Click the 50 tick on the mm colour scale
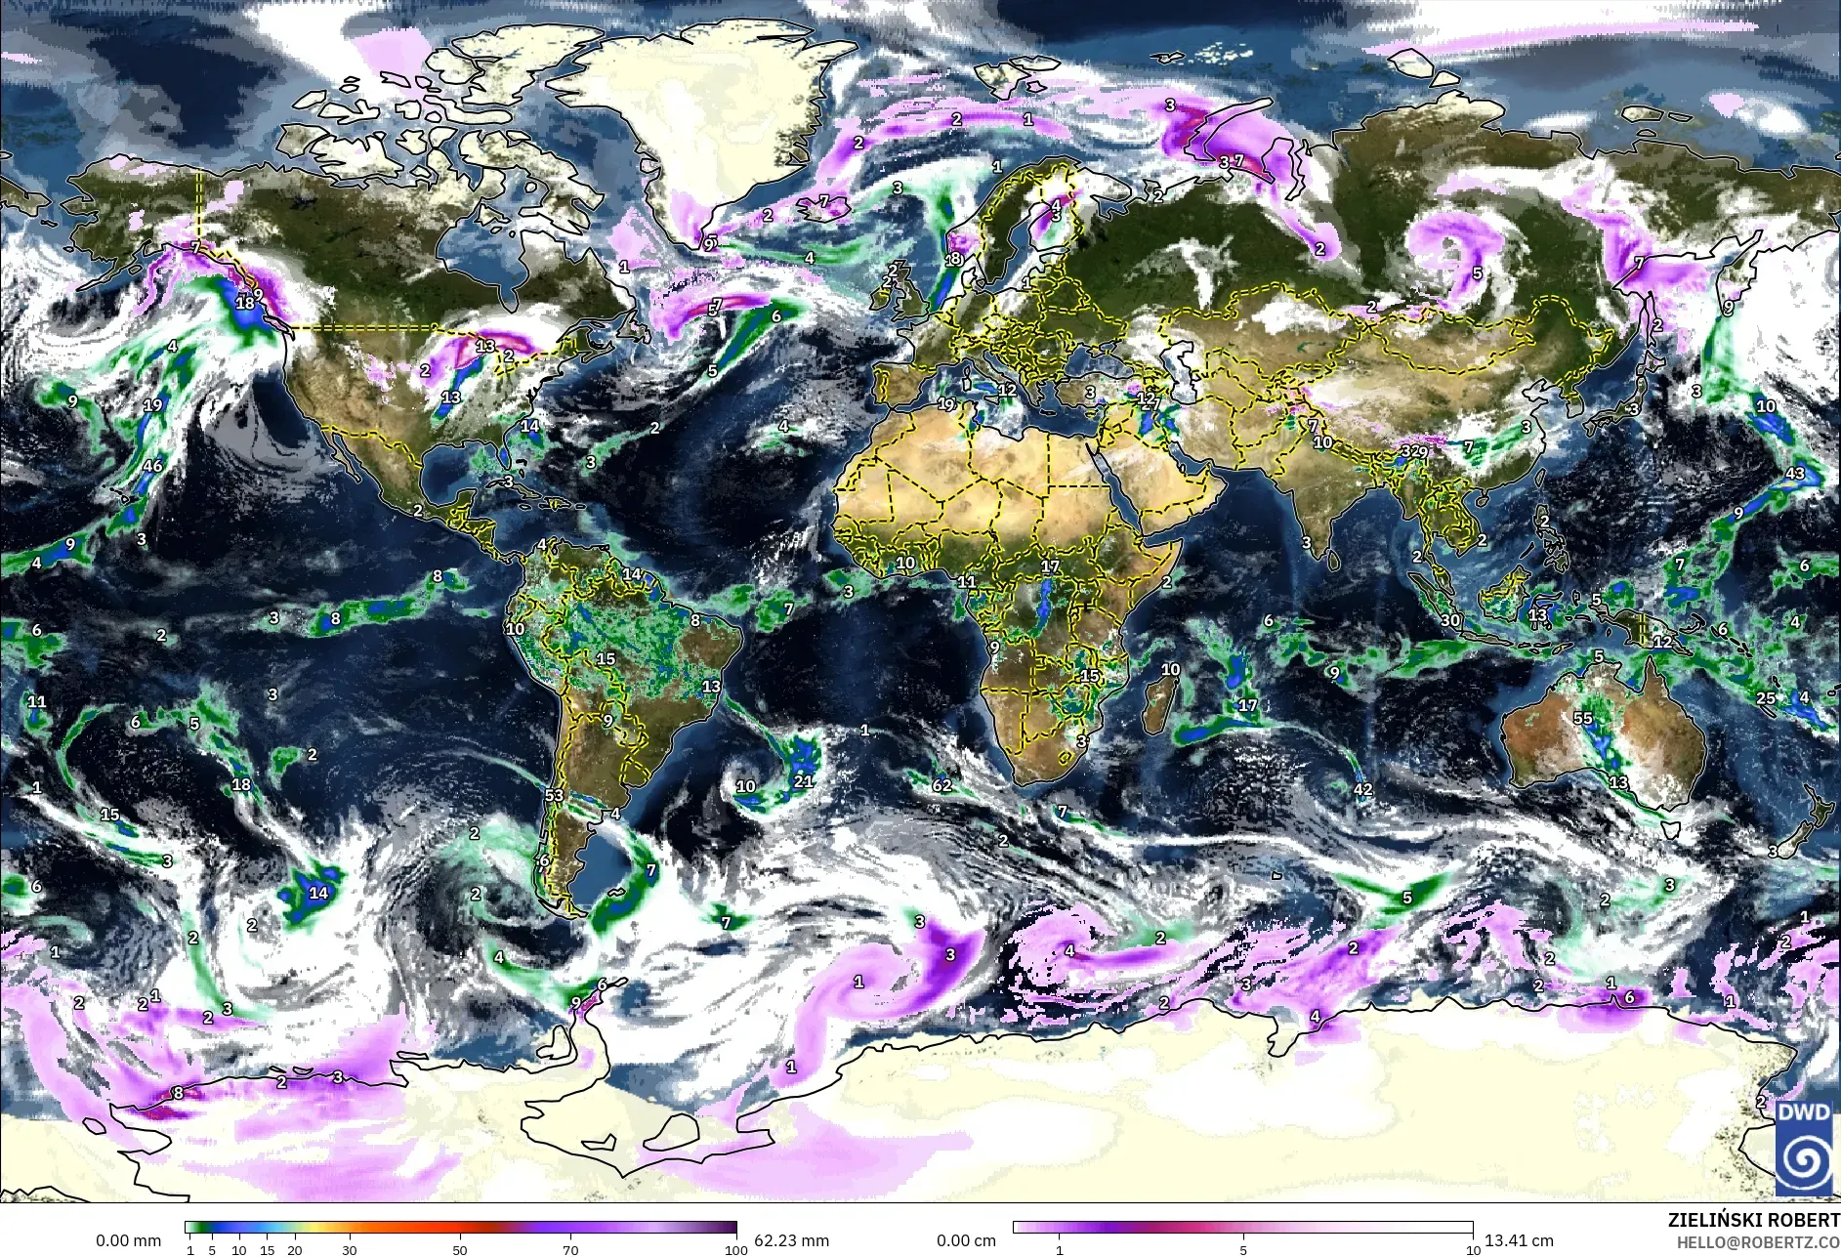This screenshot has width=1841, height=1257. coord(460,1249)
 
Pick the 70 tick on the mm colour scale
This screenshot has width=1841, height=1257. coord(570,1249)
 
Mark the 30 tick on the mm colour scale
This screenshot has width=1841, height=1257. coord(350,1249)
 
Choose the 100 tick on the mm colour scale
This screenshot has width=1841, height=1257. coord(736,1249)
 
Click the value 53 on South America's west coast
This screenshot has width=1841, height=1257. coord(555,795)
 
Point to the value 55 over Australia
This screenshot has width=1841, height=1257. coord(1583,718)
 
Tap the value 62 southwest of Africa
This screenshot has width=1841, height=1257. coord(941,785)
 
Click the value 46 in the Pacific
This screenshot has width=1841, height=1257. coord(152,466)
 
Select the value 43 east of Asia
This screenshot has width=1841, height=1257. coord(1795,474)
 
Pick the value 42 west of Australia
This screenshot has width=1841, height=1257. coord(1363,789)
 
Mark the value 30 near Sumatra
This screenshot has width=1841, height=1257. coord(1450,620)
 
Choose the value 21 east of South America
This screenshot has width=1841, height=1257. coord(803,780)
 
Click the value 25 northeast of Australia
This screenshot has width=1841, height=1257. coord(1766,698)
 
